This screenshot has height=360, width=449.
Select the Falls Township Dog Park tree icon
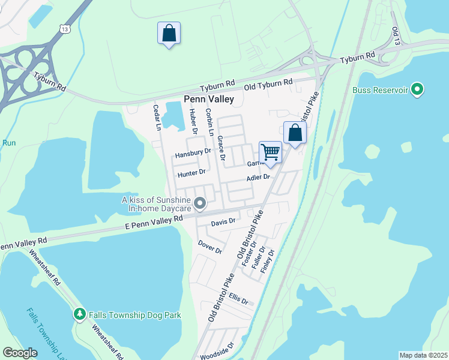coord(79,315)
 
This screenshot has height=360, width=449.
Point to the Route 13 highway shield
coord(64,28)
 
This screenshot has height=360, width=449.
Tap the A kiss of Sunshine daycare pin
coord(200,205)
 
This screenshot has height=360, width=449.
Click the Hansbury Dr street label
coord(193,154)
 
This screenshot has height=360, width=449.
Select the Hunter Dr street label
coord(191,173)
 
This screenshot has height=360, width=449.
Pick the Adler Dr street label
coord(259,177)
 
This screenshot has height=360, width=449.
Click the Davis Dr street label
coord(223,222)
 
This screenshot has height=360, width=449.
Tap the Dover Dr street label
coord(210,246)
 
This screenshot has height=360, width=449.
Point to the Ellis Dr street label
coord(238,298)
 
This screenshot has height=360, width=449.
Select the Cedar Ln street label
coord(157,117)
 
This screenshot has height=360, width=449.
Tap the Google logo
coord(20,353)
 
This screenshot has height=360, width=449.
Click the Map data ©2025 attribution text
coord(424,355)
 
